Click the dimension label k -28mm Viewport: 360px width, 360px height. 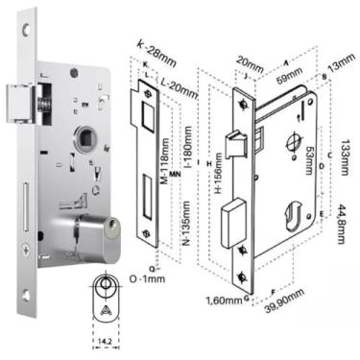coord(156,45)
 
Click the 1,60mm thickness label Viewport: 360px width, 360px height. coord(223,300)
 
